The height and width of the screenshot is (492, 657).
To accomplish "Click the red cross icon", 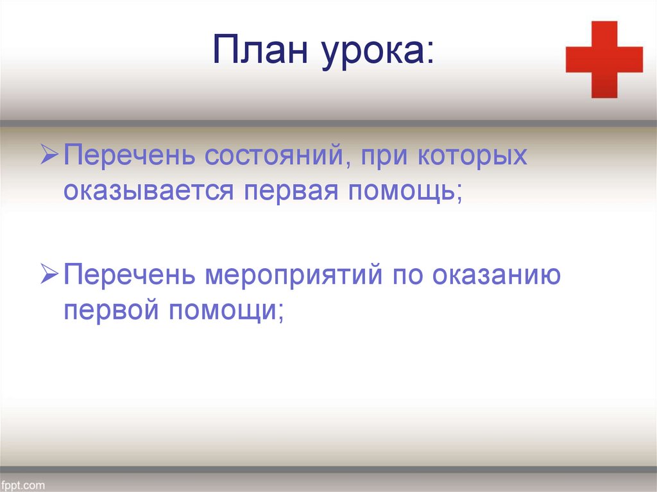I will (x=604, y=60).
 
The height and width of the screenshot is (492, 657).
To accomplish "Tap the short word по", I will (x=409, y=276).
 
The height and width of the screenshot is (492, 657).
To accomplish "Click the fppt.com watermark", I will (x=24, y=485).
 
